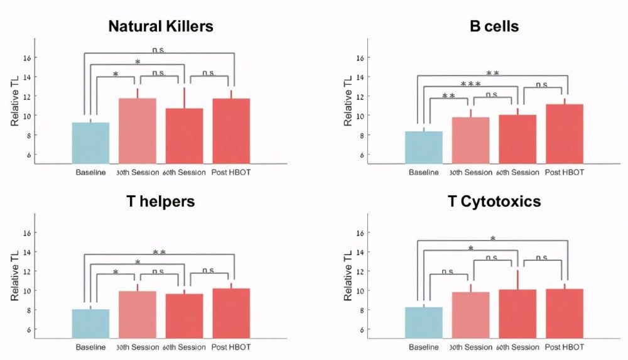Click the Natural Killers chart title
[161, 26]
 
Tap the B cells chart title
[494, 26]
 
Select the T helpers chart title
[160, 201]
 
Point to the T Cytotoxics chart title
[494, 201]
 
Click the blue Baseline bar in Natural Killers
[90, 143]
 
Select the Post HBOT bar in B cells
[565, 134]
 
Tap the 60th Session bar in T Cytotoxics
[517, 314]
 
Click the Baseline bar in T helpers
[90, 323]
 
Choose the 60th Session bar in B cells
[517, 139]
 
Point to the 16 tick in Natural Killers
[26, 58]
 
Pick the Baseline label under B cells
[424, 173]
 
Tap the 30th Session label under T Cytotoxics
[470, 347]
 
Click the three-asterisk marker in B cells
[470, 84]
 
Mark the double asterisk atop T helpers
[160, 252]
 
